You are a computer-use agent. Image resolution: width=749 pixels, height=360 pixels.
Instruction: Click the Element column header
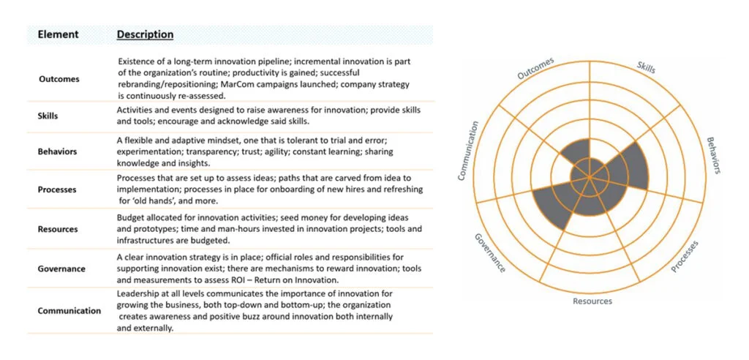pyautogui.click(x=59, y=35)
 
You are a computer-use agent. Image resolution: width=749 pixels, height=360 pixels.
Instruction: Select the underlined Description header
pyautogui.click(x=146, y=35)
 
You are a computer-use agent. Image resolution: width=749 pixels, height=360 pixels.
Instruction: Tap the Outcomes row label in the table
pyautogui.click(x=59, y=79)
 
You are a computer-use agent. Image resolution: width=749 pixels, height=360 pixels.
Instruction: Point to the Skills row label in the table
pyautogui.click(x=48, y=116)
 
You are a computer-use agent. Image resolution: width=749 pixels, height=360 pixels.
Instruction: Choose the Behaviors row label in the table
pyautogui.click(x=57, y=152)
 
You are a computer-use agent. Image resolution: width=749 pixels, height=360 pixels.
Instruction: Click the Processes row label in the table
pyautogui.click(x=57, y=190)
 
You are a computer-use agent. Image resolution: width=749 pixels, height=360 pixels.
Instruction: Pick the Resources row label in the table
pyautogui.click(x=57, y=229)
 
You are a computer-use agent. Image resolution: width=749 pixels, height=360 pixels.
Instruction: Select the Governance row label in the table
pyautogui.click(x=61, y=269)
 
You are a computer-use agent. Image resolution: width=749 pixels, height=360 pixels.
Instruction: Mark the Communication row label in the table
pyautogui.click(x=69, y=311)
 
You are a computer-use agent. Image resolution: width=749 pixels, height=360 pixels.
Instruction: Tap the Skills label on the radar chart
pyautogui.click(x=647, y=67)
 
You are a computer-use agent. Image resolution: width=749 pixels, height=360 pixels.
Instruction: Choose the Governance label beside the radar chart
pyautogui.click(x=489, y=253)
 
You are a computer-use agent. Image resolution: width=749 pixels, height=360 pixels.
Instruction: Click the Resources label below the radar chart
pyautogui.click(x=592, y=301)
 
